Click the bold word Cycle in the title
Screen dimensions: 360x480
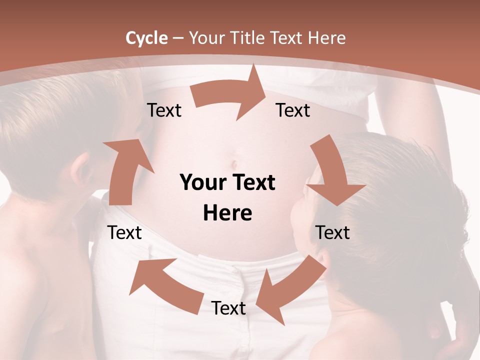(146, 38)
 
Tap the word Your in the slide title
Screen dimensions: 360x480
(206, 38)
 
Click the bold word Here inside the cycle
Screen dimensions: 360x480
(227, 213)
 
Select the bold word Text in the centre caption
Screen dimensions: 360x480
(252, 182)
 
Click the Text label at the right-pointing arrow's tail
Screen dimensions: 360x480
(164, 110)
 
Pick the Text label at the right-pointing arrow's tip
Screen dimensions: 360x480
(293, 110)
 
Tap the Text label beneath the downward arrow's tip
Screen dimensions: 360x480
(332, 232)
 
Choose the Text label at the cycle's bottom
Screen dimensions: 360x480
(228, 308)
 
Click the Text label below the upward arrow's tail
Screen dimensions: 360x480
(124, 232)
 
